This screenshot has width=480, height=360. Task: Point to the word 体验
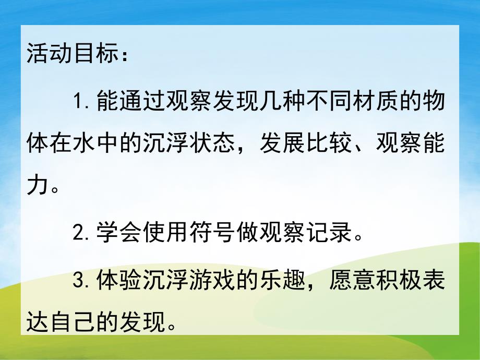coord(121,281)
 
